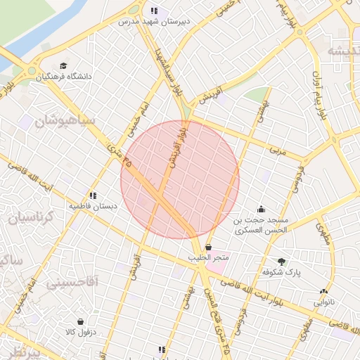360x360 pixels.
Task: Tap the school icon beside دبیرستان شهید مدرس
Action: click(154, 11)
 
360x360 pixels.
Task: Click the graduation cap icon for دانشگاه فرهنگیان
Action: click(65, 65)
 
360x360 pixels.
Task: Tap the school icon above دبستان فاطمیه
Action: click(92, 196)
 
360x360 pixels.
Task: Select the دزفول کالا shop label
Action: click(80, 331)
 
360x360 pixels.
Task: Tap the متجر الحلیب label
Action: click(209, 258)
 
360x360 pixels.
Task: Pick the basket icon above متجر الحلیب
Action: click(209, 247)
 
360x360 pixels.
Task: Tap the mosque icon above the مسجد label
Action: click(262, 208)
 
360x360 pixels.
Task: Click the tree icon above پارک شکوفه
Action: click(282, 262)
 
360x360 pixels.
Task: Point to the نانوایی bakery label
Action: click(323, 302)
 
